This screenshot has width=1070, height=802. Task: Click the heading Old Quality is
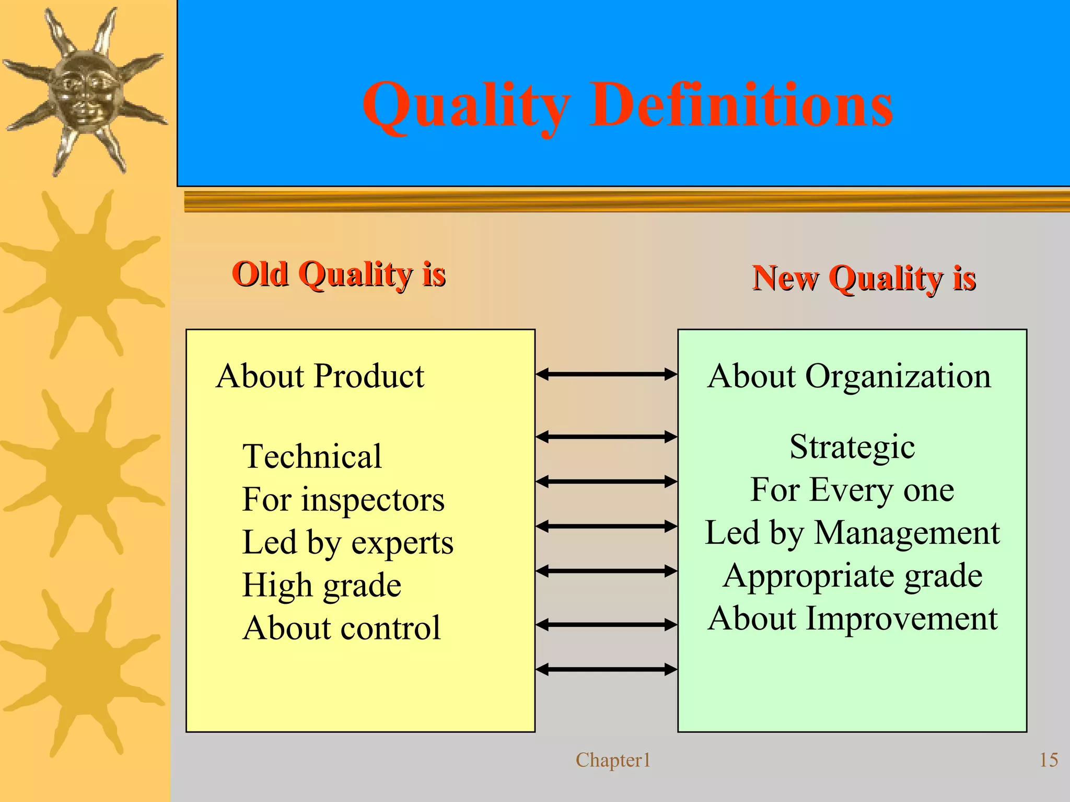point(339,274)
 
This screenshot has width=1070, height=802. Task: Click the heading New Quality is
point(864,278)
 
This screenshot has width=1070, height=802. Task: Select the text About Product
point(320,376)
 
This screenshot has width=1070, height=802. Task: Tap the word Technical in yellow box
point(312,456)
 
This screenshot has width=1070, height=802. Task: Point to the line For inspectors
point(343,499)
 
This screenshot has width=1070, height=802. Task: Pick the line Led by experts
point(347,543)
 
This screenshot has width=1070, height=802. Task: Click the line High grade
point(321,585)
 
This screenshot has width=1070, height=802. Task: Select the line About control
point(341,628)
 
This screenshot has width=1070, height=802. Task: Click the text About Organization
point(849,376)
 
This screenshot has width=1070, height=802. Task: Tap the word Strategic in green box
point(852,447)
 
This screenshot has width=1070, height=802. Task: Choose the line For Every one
point(852,490)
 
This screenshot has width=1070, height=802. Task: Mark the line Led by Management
point(852,533)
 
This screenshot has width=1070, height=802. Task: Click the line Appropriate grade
point(852,576)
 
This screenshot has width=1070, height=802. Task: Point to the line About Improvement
point(852,618)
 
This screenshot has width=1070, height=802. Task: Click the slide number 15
point(1048,760)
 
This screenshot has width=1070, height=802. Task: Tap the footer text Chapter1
point(613,760)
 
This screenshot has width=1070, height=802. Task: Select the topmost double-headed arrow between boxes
point(606,374)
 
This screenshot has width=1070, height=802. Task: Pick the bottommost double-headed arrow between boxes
point(606,669)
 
